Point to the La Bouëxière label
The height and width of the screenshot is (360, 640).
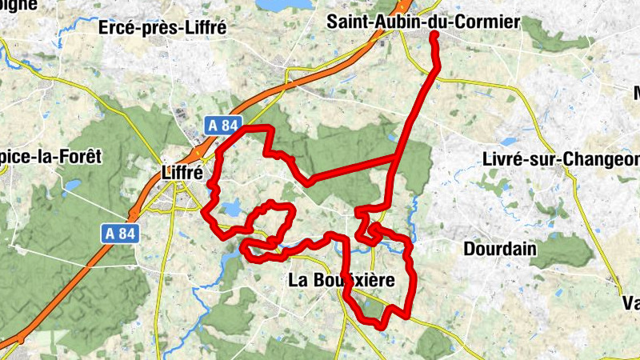coord(342,280)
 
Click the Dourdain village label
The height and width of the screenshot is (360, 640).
coord(499,249)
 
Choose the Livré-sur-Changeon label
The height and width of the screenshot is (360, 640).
coord(561,158)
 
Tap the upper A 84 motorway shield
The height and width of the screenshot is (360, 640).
coord(221,125)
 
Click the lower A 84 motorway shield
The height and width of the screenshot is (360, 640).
coord(121,233)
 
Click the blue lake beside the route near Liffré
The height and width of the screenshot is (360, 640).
coord(230,210)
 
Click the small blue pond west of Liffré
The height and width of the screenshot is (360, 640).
coord(72,186)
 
